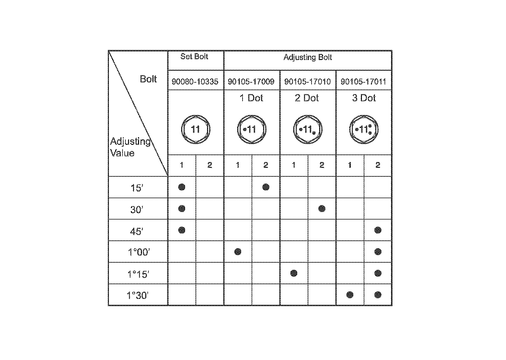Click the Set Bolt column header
click(194, 57)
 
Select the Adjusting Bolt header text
click(308, 57)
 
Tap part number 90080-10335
click(195, 82)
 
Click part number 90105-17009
click(251, 82)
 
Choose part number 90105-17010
click(308, 82)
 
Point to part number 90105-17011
click(363, 82)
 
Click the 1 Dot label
click(251, 98)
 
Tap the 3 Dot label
click(364, 98)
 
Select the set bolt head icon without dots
click(195, 129)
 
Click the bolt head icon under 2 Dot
click(308, 129)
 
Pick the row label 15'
click(137, 188)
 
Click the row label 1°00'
click(138, 252)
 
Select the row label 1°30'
click(138, 296)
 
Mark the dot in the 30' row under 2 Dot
click(322, 208)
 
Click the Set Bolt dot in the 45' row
click(181, 230)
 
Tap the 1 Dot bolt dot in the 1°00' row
click(238, 251)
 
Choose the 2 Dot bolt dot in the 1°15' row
click(294, 273)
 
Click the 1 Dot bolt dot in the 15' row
click(266, 187)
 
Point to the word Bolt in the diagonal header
click(148, 79)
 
